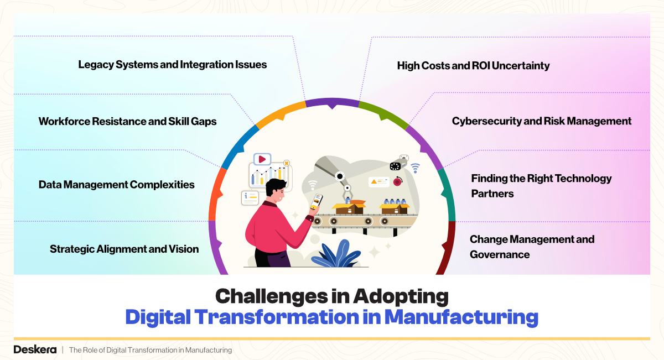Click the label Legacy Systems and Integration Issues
click(173, 65)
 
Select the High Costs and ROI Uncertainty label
click(474, 66)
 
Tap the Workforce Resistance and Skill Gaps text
click(127, 122)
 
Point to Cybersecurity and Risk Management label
click(542, 121)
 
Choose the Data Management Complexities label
click(117, 185)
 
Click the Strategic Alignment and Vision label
click(124, 249)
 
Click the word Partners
click(492, 194)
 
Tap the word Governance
click(500, 254)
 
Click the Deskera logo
click(35, 349)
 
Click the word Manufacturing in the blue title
click(461, 317)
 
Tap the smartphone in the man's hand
click(317, 201)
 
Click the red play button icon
click(262, 159)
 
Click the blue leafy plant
click(336, 254)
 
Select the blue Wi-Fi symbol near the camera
click(416, 168)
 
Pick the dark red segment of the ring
click(447, 248)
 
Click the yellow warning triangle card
click(378, 181)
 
